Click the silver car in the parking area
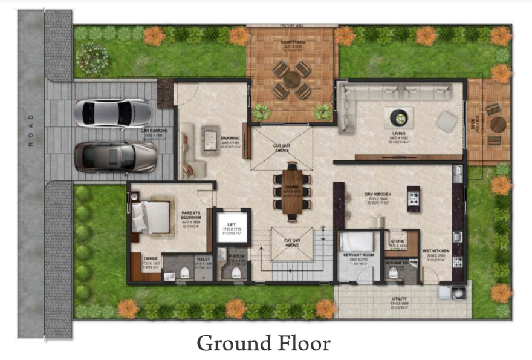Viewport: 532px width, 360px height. tap(113, 113)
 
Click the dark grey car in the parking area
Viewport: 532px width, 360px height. tap(115, 157)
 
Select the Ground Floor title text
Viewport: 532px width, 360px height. tap(264, 343)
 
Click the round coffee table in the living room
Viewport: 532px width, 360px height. tap(400, 116)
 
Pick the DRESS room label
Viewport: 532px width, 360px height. tap(151, 258)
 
